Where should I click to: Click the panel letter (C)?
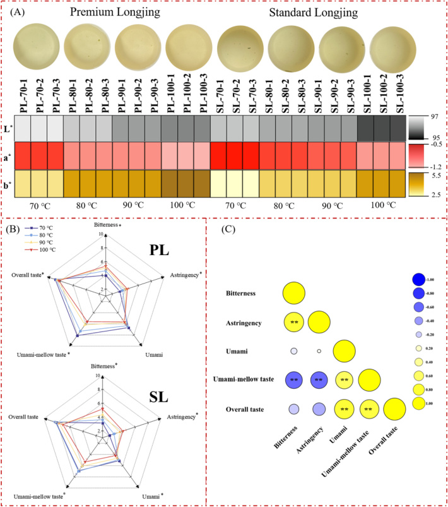tap(231, 230)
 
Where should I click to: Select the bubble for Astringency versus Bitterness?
tap(294, 322)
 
